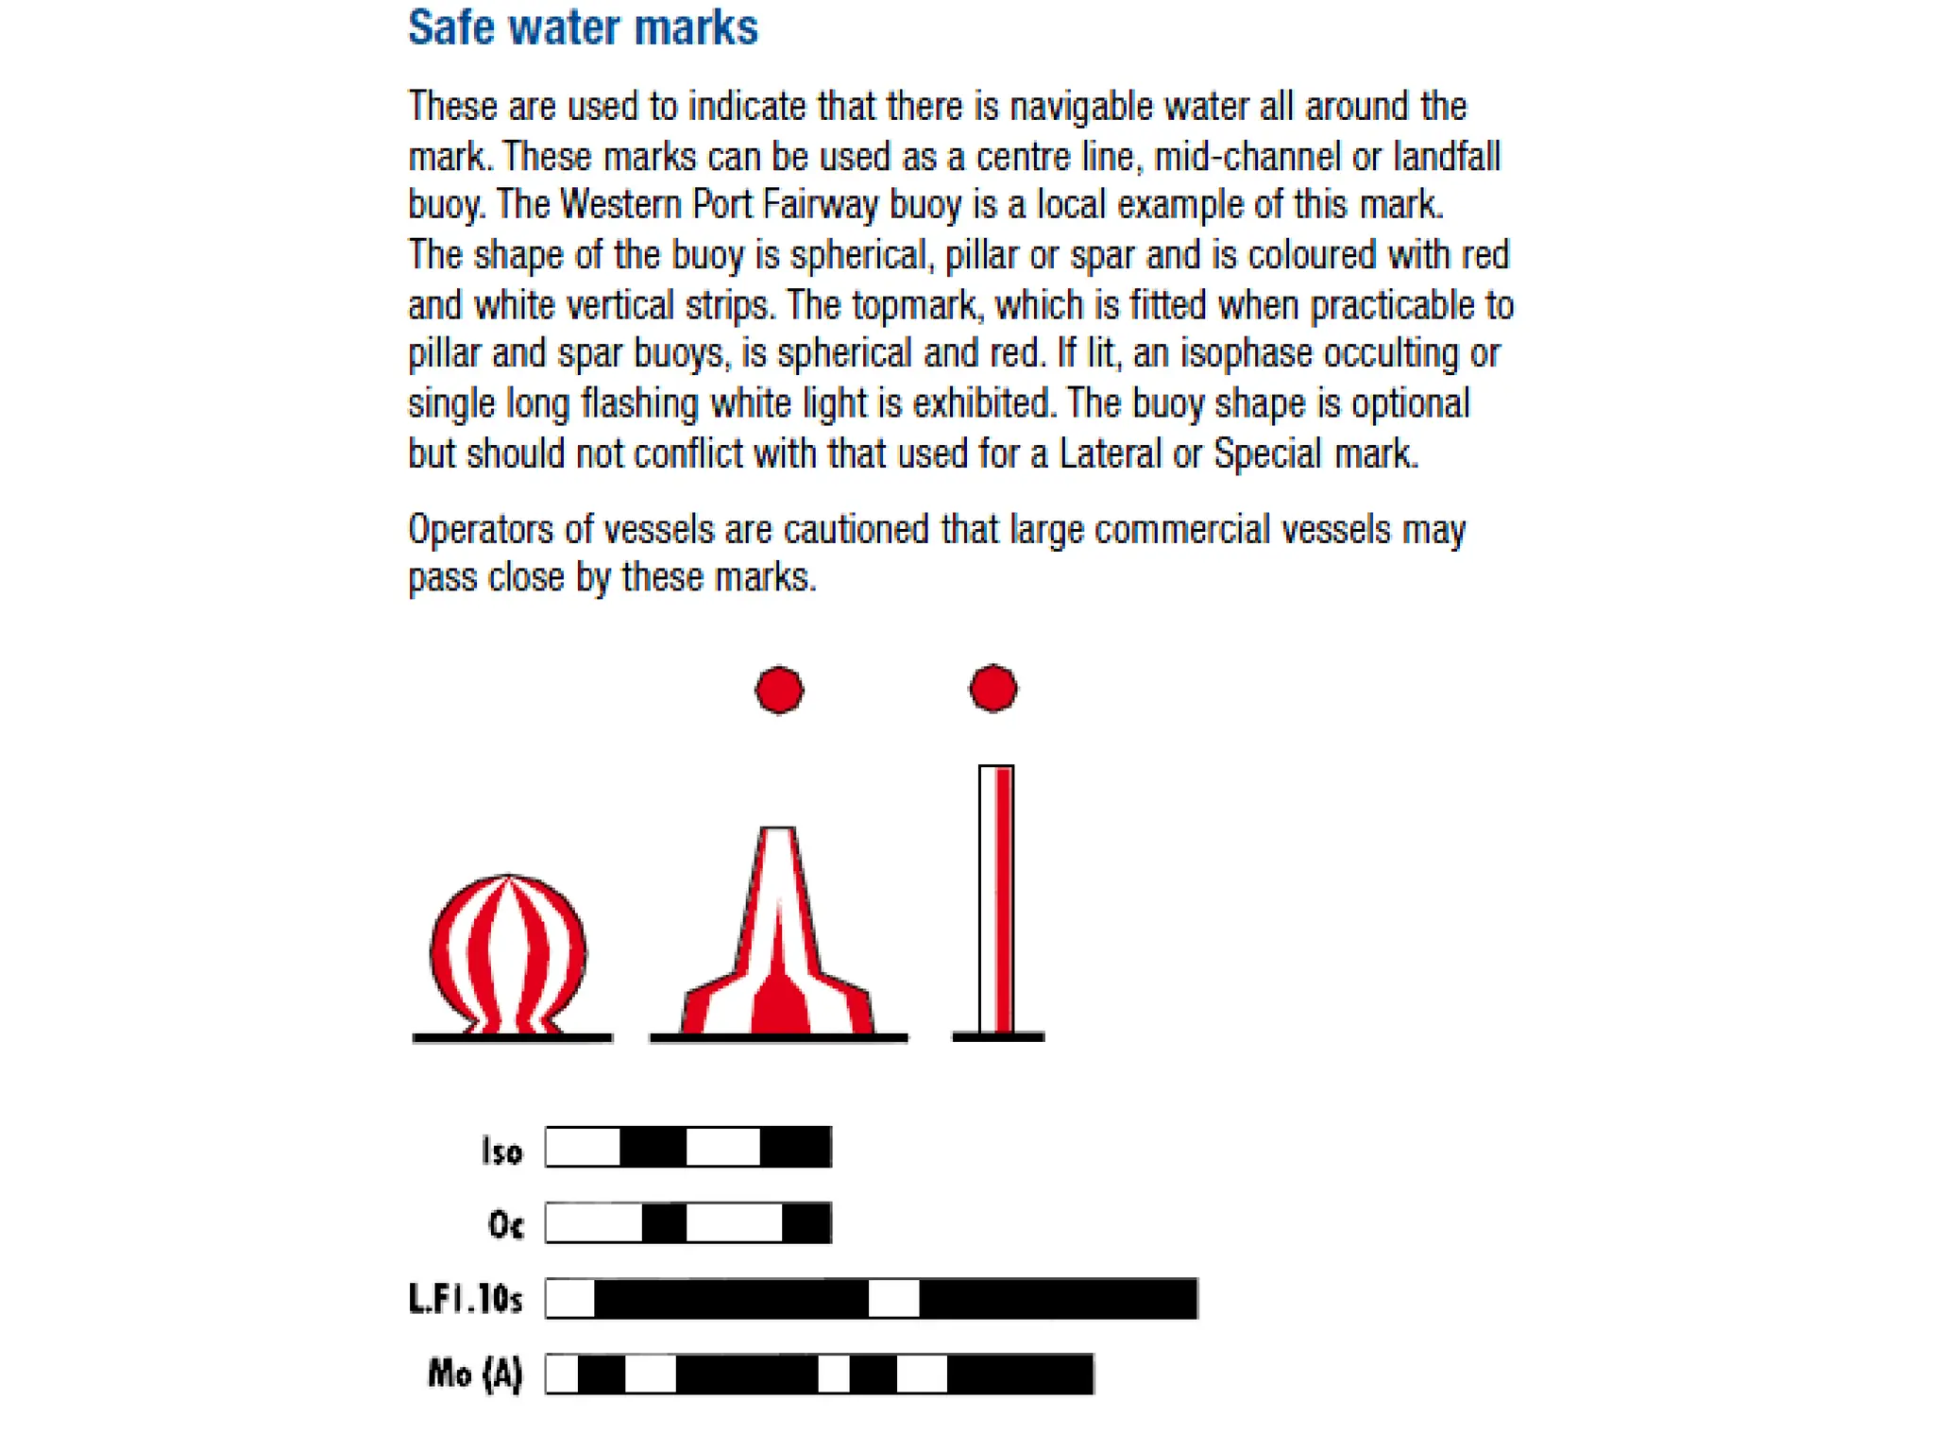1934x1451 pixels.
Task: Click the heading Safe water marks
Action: (x=583, y=27)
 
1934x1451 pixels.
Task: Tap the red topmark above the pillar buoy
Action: (x=779, y=690)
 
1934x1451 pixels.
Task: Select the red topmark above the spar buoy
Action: (x=992, y=688)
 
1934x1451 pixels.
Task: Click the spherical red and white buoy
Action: (x=508, y=954)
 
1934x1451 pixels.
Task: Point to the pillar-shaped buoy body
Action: (x=778, y=945)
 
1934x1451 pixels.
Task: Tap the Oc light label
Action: (x=505, y=1225)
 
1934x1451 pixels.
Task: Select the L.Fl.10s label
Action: (x=466, y=1300)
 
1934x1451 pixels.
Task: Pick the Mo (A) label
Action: (x=475, y=1374)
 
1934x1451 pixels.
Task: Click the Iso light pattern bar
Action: (x=688, y=1147)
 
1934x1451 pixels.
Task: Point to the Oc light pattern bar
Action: (x=688, y=1222)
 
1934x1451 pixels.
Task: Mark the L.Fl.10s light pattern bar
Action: (x=872, y=1298)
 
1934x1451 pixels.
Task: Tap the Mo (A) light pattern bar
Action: (x=820, y=1374)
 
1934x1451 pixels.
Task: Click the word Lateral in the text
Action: (x=1110, y=453)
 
